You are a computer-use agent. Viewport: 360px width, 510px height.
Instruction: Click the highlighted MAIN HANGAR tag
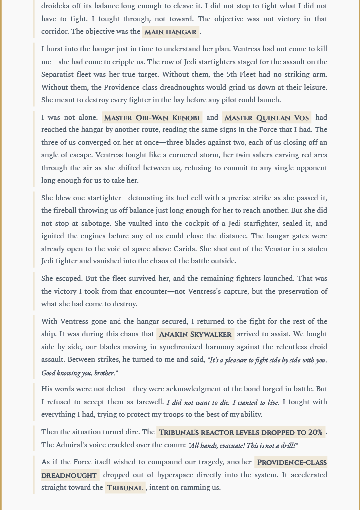[171, 32]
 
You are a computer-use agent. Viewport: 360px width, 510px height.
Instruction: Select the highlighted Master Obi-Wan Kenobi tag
[152, 118]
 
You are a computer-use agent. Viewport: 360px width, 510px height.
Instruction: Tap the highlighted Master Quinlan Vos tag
[266, 118]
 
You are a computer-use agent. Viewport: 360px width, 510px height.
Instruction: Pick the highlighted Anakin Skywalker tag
[195, 334]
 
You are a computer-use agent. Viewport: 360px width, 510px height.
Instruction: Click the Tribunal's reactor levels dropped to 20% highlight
[240, 432]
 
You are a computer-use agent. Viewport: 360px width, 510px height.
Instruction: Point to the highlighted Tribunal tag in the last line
[124, 488]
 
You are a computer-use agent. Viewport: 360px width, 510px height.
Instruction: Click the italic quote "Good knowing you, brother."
[80, 373]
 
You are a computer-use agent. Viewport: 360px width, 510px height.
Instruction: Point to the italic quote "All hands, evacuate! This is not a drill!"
[242, 445]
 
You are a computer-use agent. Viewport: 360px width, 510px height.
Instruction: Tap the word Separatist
[60, 75]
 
